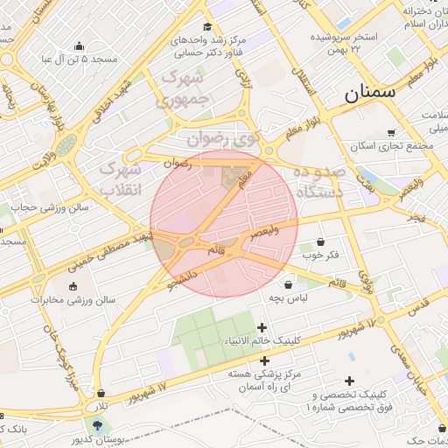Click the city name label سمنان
(368, 91)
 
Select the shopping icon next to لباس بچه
(289, 284)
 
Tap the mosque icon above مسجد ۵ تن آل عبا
(80, 46)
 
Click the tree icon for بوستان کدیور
(96, 425)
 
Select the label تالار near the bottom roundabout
(102, 407)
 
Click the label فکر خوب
(321, 256)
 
